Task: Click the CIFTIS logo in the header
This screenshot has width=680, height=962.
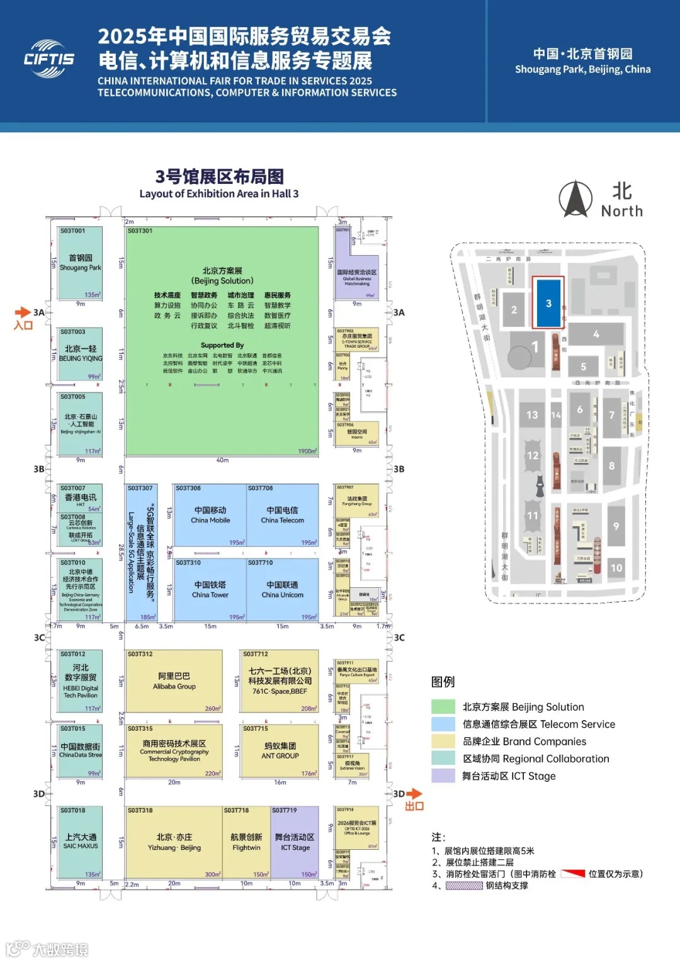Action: [49, 59]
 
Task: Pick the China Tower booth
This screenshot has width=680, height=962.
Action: [210, 590]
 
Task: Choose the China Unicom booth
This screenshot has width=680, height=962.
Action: [283, 590]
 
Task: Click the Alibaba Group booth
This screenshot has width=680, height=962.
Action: [174, 681]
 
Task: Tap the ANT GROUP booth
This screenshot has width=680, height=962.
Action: [280, 751]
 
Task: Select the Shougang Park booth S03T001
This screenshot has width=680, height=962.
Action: [80, 263]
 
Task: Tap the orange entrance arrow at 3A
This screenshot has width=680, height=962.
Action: [23, 312]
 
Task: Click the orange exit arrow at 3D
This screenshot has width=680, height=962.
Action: [414, 794]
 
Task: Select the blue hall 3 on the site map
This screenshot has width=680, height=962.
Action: [548, 303]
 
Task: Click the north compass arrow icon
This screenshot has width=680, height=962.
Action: [575, 199]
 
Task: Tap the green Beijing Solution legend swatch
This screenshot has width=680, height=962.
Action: [443, 707]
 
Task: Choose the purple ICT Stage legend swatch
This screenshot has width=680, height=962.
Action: [443, 776]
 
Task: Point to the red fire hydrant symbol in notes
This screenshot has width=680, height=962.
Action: [573, 874]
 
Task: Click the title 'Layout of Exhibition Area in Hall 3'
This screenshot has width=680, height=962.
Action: [219, 193]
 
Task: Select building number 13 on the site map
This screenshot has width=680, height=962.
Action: [532, 415]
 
